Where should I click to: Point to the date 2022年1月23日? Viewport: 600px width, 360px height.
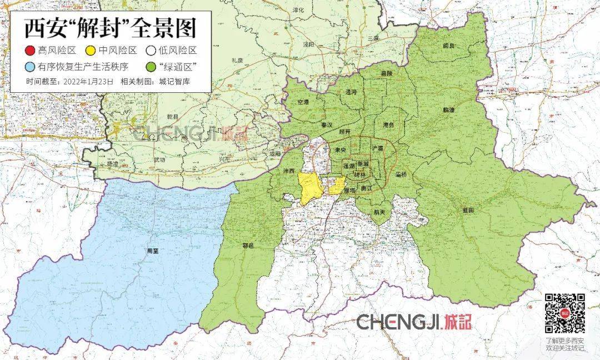click(x=89, y=81)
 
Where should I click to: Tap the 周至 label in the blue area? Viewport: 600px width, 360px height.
click(x=152, y=251)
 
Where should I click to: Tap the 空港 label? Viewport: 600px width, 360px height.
click(x=303, y=102)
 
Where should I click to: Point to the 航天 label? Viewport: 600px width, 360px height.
click(x=379, y=212)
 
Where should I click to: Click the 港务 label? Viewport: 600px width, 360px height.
click(x=388, y=125)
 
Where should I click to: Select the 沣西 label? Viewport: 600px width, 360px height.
click(x=288, y=170)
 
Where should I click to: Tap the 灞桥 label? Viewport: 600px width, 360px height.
click(x=401, y=174)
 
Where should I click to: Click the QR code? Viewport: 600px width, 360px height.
click(x=564, y=313)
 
